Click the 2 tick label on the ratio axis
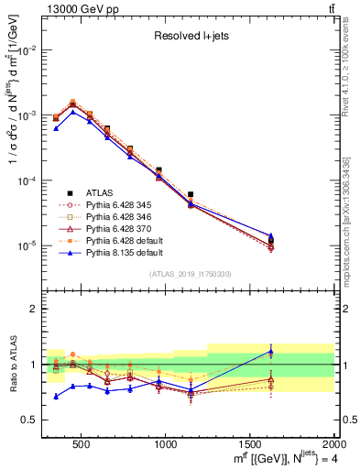[34, 309]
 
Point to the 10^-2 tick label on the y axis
[27, 50]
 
